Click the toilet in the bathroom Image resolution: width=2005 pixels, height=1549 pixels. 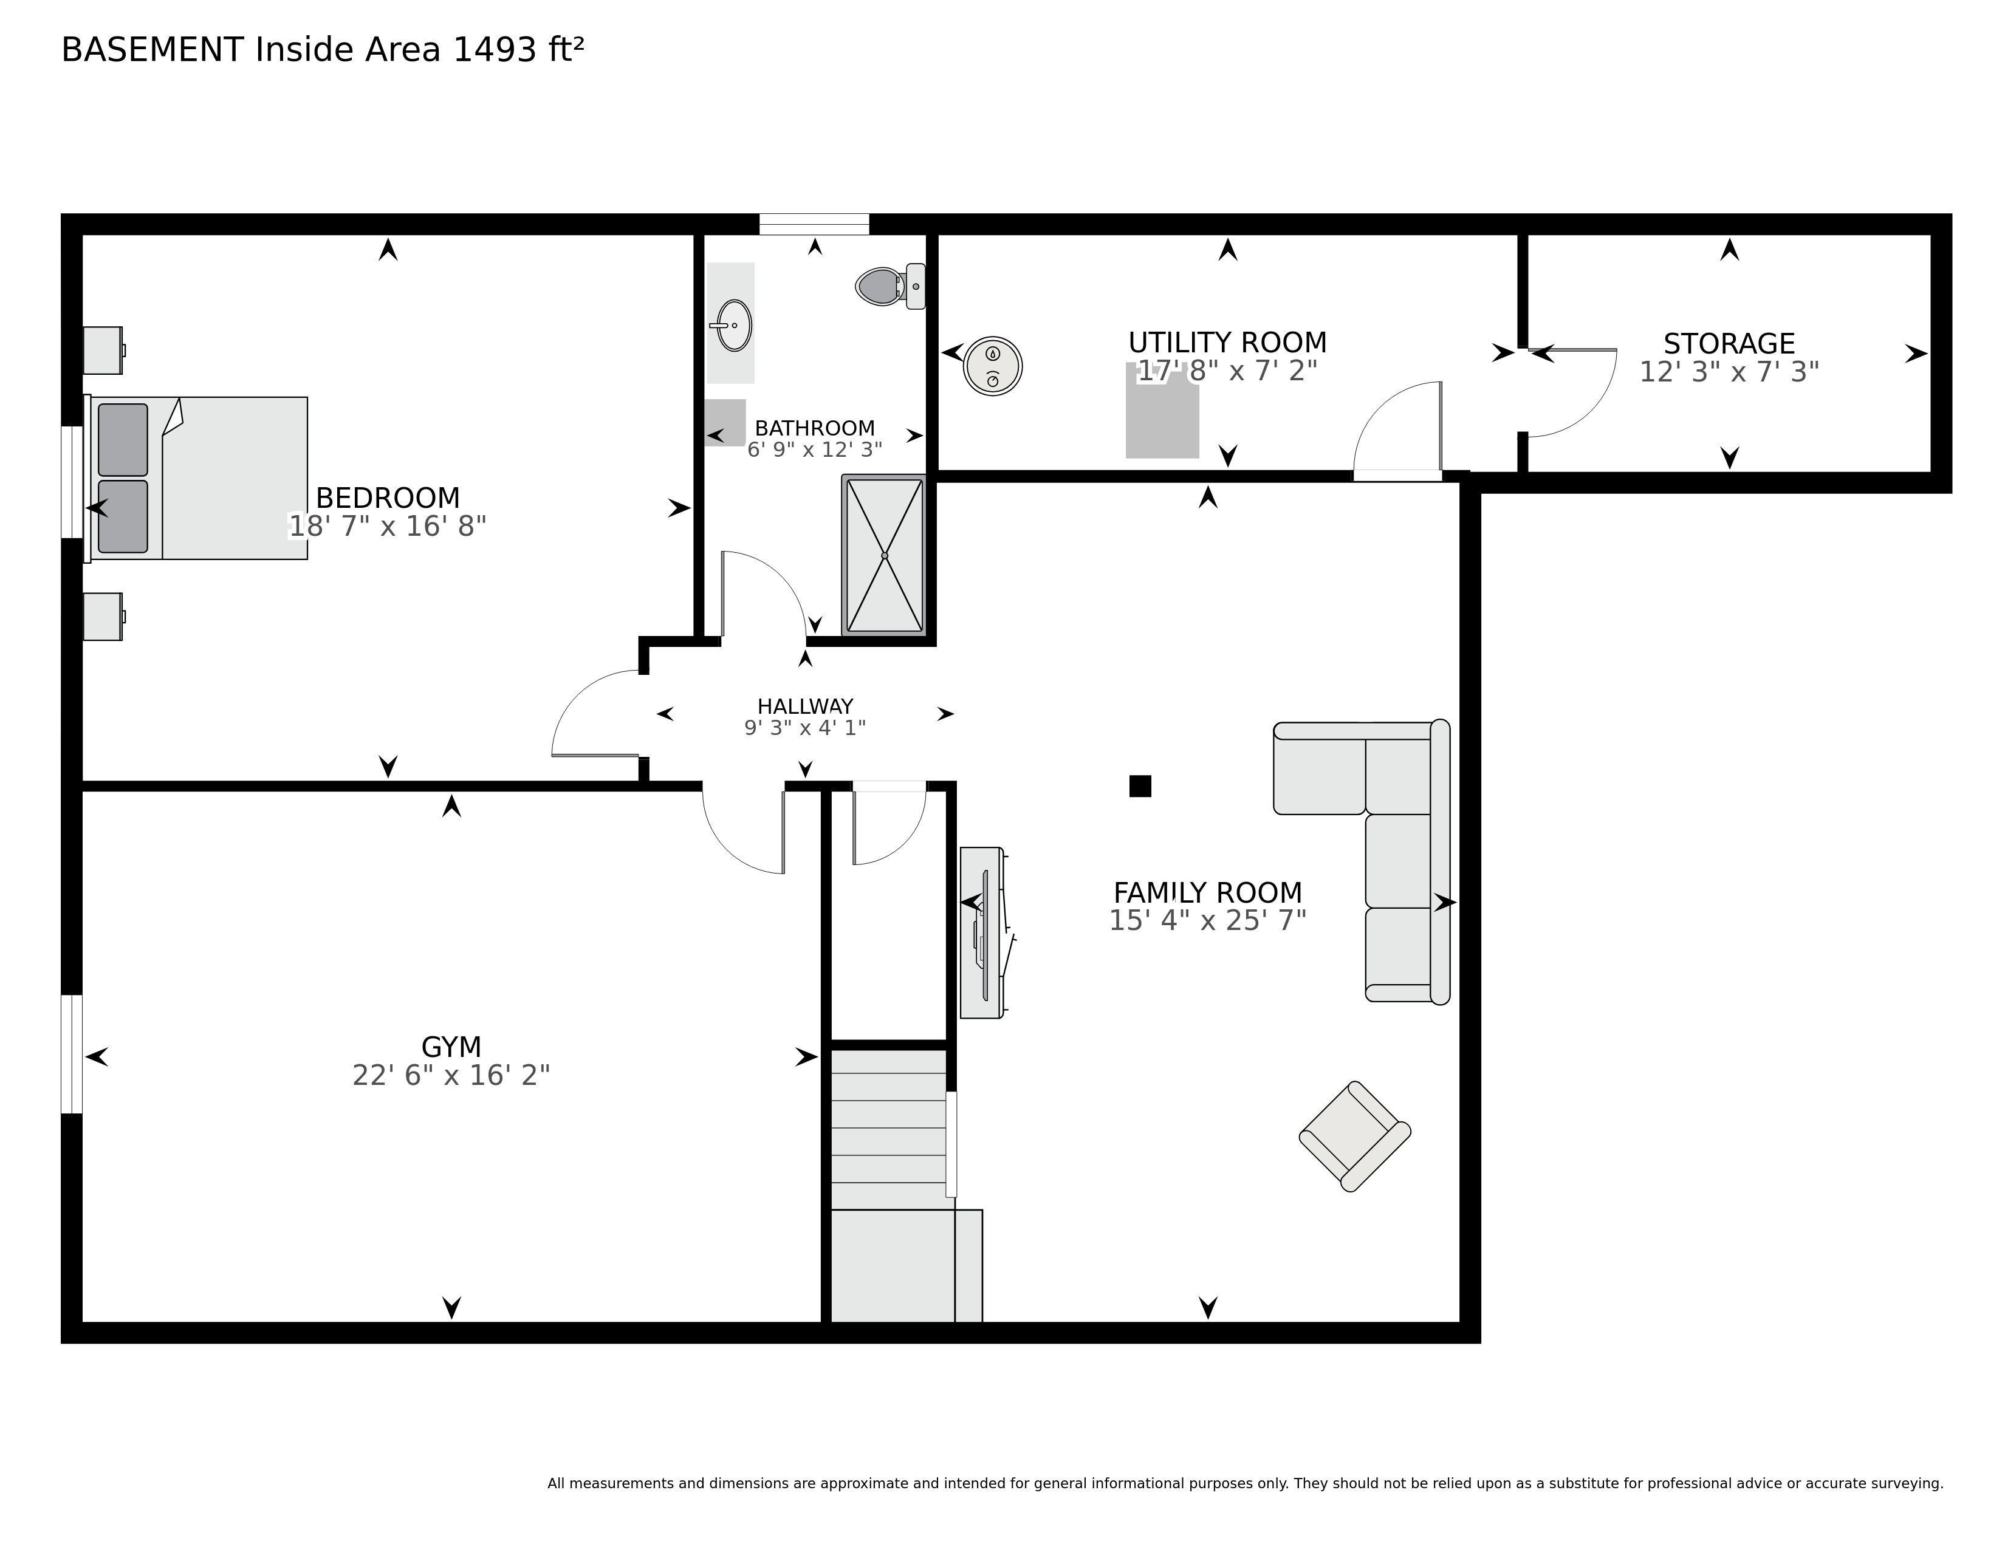pos(891,286)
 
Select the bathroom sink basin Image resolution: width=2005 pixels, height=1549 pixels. pos(733,325)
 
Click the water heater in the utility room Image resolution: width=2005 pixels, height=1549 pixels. pos(992,366)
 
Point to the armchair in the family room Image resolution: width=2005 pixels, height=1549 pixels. pos(1354,1136)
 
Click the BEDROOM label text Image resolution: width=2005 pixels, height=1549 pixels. pos(388,498)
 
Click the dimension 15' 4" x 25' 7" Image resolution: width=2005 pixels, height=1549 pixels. pos(1207,920)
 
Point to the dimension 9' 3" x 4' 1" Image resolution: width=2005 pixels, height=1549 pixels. pos(805,728)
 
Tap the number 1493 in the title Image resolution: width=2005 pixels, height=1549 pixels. pos(495,50)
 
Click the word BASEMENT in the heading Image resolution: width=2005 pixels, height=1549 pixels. pos(153,50)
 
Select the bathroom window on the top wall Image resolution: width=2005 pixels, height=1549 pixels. pos(814,224)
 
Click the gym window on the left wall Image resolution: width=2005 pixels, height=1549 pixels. pos(72,1053)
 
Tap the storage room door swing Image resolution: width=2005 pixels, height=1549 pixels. pos(1572,393)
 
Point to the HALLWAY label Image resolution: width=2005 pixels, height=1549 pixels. pos(805,706)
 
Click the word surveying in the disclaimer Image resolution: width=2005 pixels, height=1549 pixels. pos(1906,1484)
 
